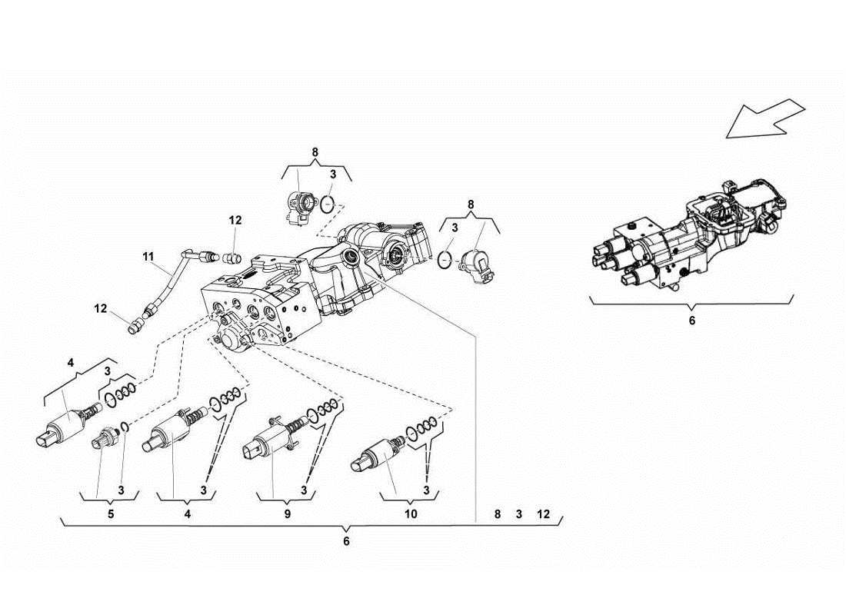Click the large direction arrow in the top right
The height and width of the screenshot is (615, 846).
764,118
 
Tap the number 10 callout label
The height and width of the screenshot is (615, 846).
410,514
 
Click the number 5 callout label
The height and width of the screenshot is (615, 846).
110,514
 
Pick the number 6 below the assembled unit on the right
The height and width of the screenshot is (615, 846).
691,321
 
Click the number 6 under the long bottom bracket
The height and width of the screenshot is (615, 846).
346,541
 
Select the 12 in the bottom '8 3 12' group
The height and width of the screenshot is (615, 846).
543,514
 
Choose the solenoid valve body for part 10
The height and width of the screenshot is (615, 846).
373,455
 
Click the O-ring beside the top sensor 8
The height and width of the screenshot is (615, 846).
329,205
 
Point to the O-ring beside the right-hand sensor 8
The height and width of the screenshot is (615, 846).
445,261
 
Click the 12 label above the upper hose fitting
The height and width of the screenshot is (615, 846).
235,220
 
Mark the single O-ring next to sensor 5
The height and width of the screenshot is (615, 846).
123,427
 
